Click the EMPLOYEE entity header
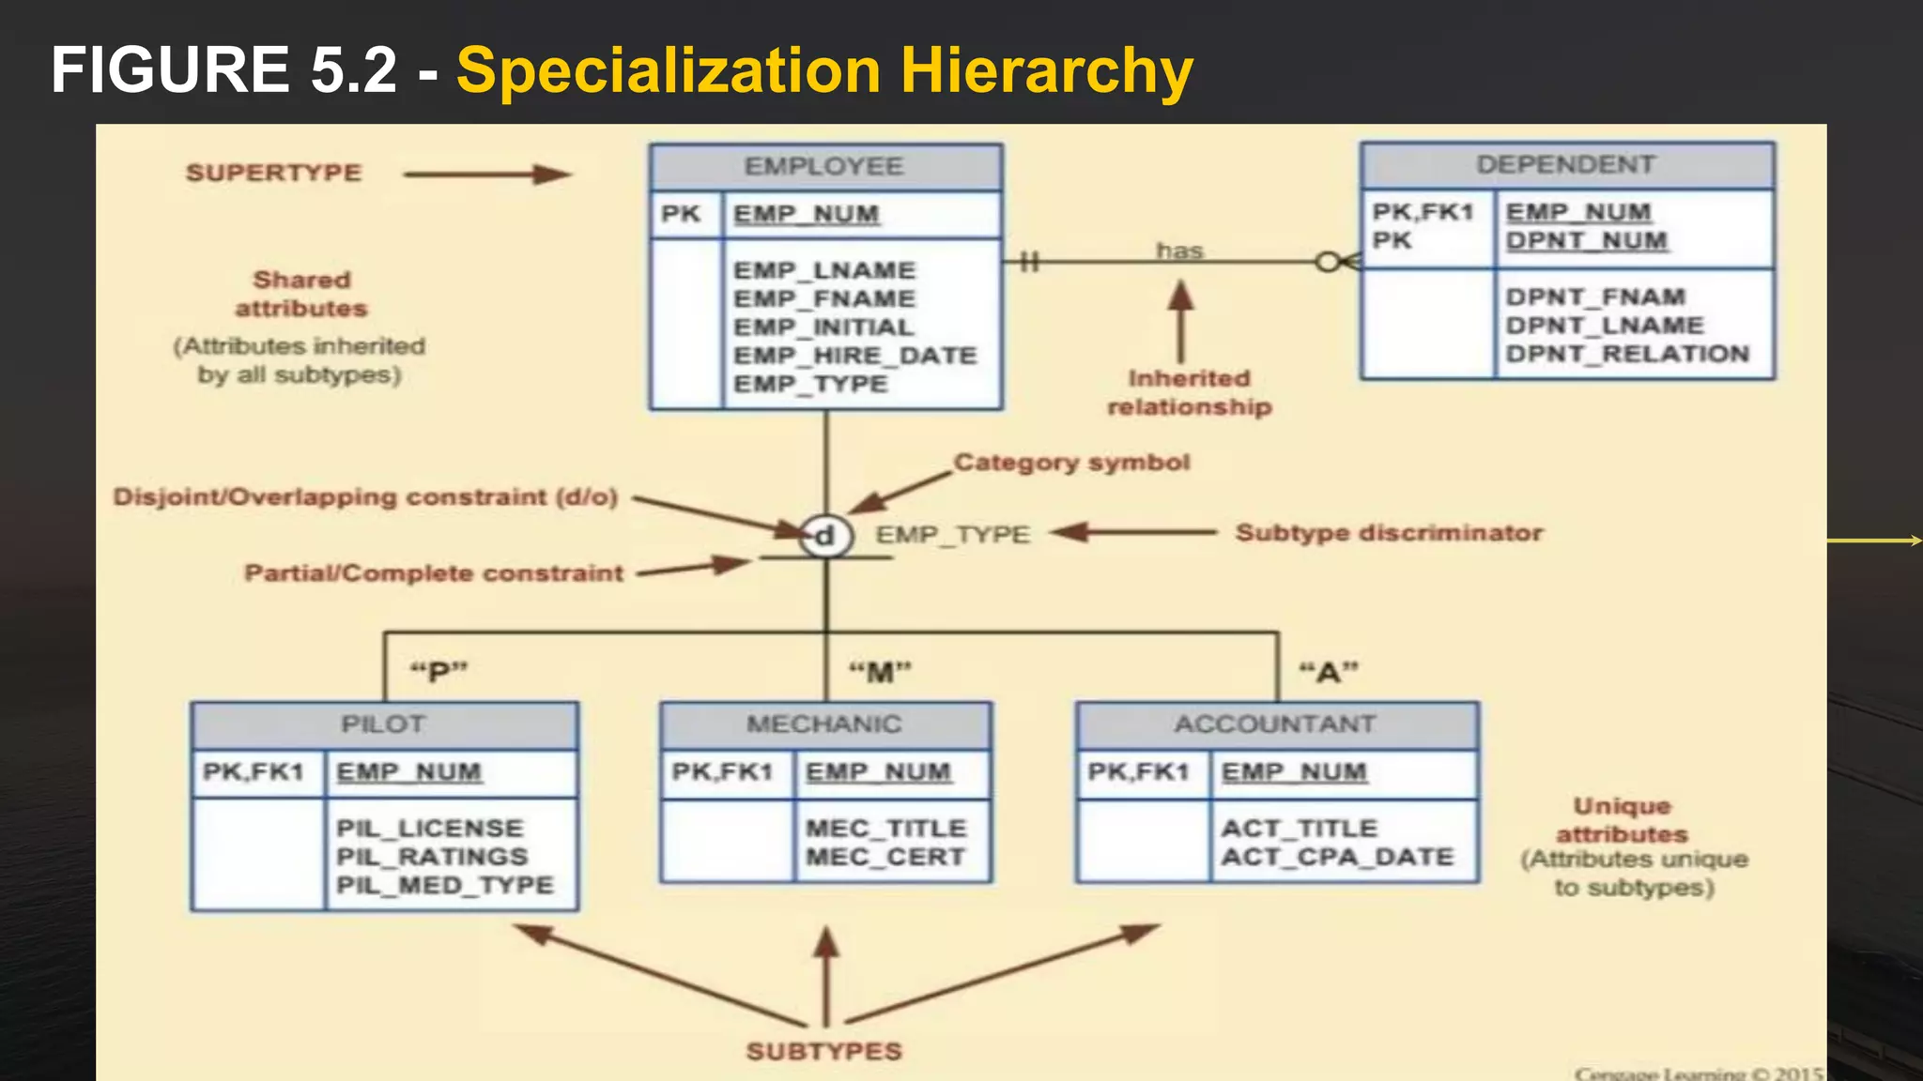[x=824, y=167]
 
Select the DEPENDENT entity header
[x=1565, y=165]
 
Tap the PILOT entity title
[x=383, y=724]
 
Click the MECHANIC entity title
[x=824, y=724]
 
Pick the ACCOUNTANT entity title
[x=1275, y=724]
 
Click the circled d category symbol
[x=825, y=536]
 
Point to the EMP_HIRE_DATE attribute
[x=854, y=356]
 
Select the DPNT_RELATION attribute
[x=1627, y=354]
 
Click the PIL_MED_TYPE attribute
[x=445, y=885]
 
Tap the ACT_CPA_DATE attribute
[x=1337, y=857]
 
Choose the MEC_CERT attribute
[x=885, y=857]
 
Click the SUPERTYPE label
[x=273, y=173]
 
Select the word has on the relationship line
[x=1179, y=251]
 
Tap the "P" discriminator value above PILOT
[x=438, y=672]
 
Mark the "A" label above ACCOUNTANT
[x=1328, y=672]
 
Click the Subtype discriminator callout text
[x=1389, y=533]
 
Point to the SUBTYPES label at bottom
[x=823, y=1051]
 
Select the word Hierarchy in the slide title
[x=1046, y=70]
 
